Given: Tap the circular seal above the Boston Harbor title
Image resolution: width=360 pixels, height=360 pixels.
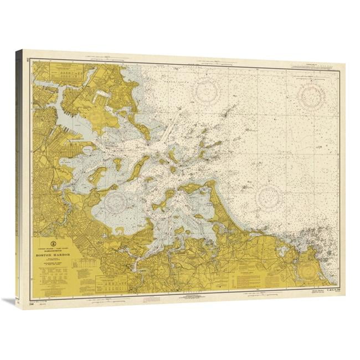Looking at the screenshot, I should click(x=52, y=241).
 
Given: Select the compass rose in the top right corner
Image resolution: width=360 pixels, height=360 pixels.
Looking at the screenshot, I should click(x=311, y=96).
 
